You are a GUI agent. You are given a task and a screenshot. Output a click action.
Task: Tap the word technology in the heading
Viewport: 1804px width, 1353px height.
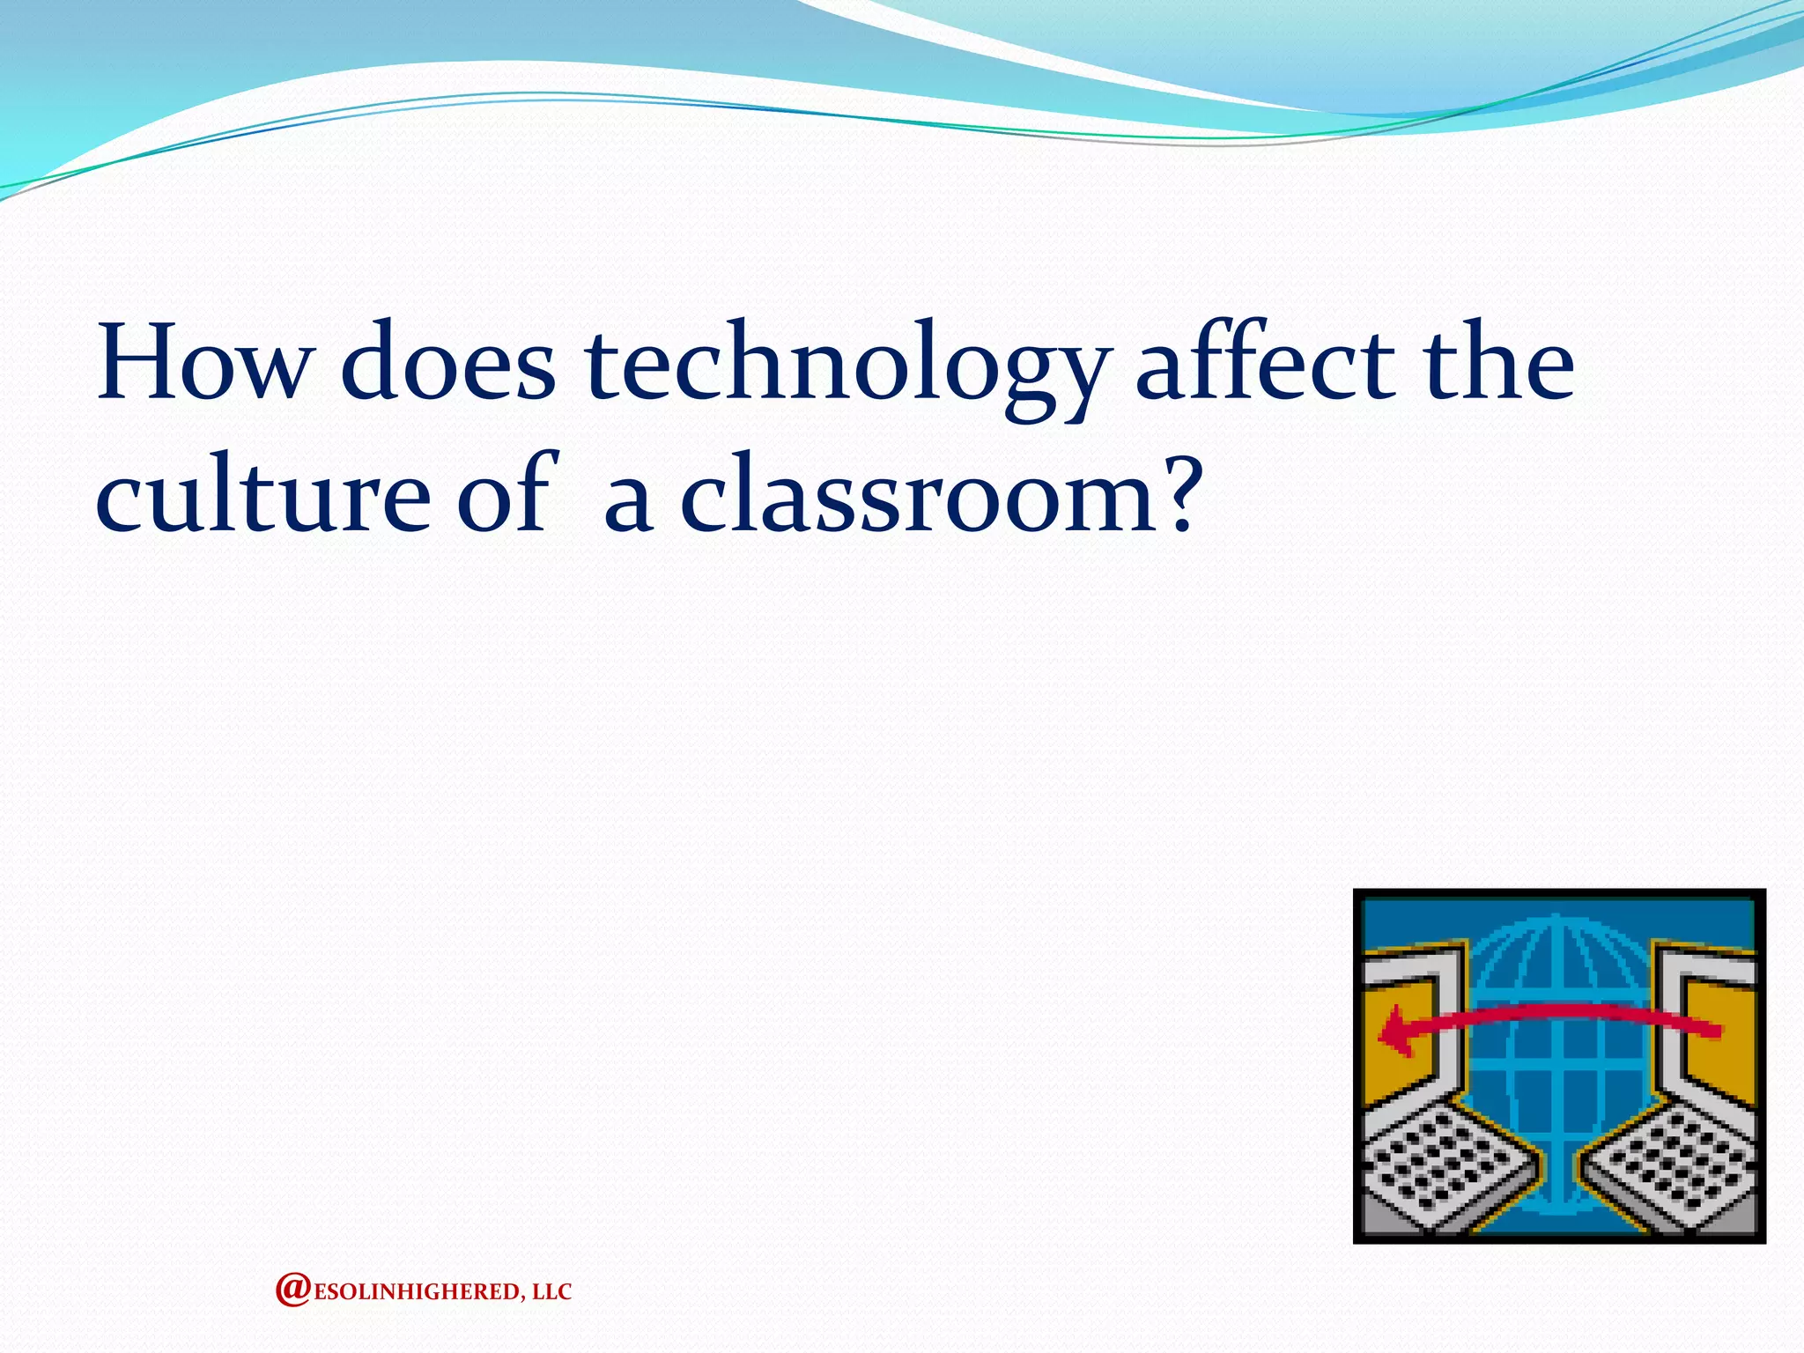pos(844,370)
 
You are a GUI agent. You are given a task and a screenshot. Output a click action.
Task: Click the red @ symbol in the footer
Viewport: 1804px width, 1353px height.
pos(292,1290)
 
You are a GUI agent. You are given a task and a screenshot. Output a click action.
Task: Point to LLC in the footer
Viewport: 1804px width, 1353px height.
pos(552,1292)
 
